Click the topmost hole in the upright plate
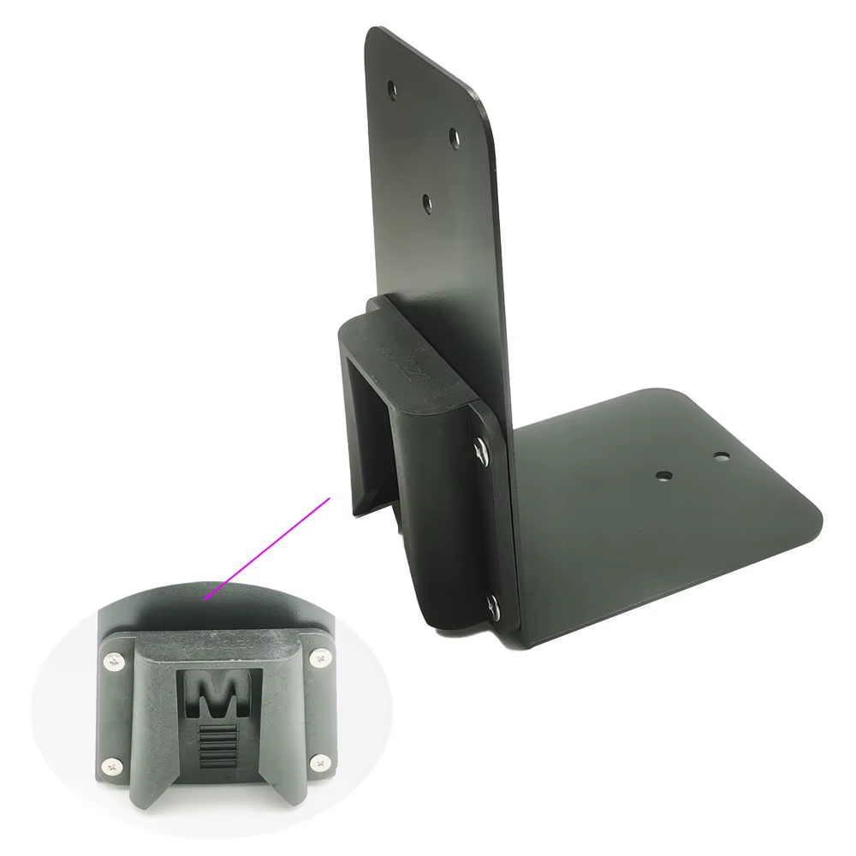(392, 90)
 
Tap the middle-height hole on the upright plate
(454, 137)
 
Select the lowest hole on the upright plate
(427, 204)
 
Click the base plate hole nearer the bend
(663, 475)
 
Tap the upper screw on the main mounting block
(481, 449)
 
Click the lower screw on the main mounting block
(493, 606)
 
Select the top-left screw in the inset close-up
(114, 663)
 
